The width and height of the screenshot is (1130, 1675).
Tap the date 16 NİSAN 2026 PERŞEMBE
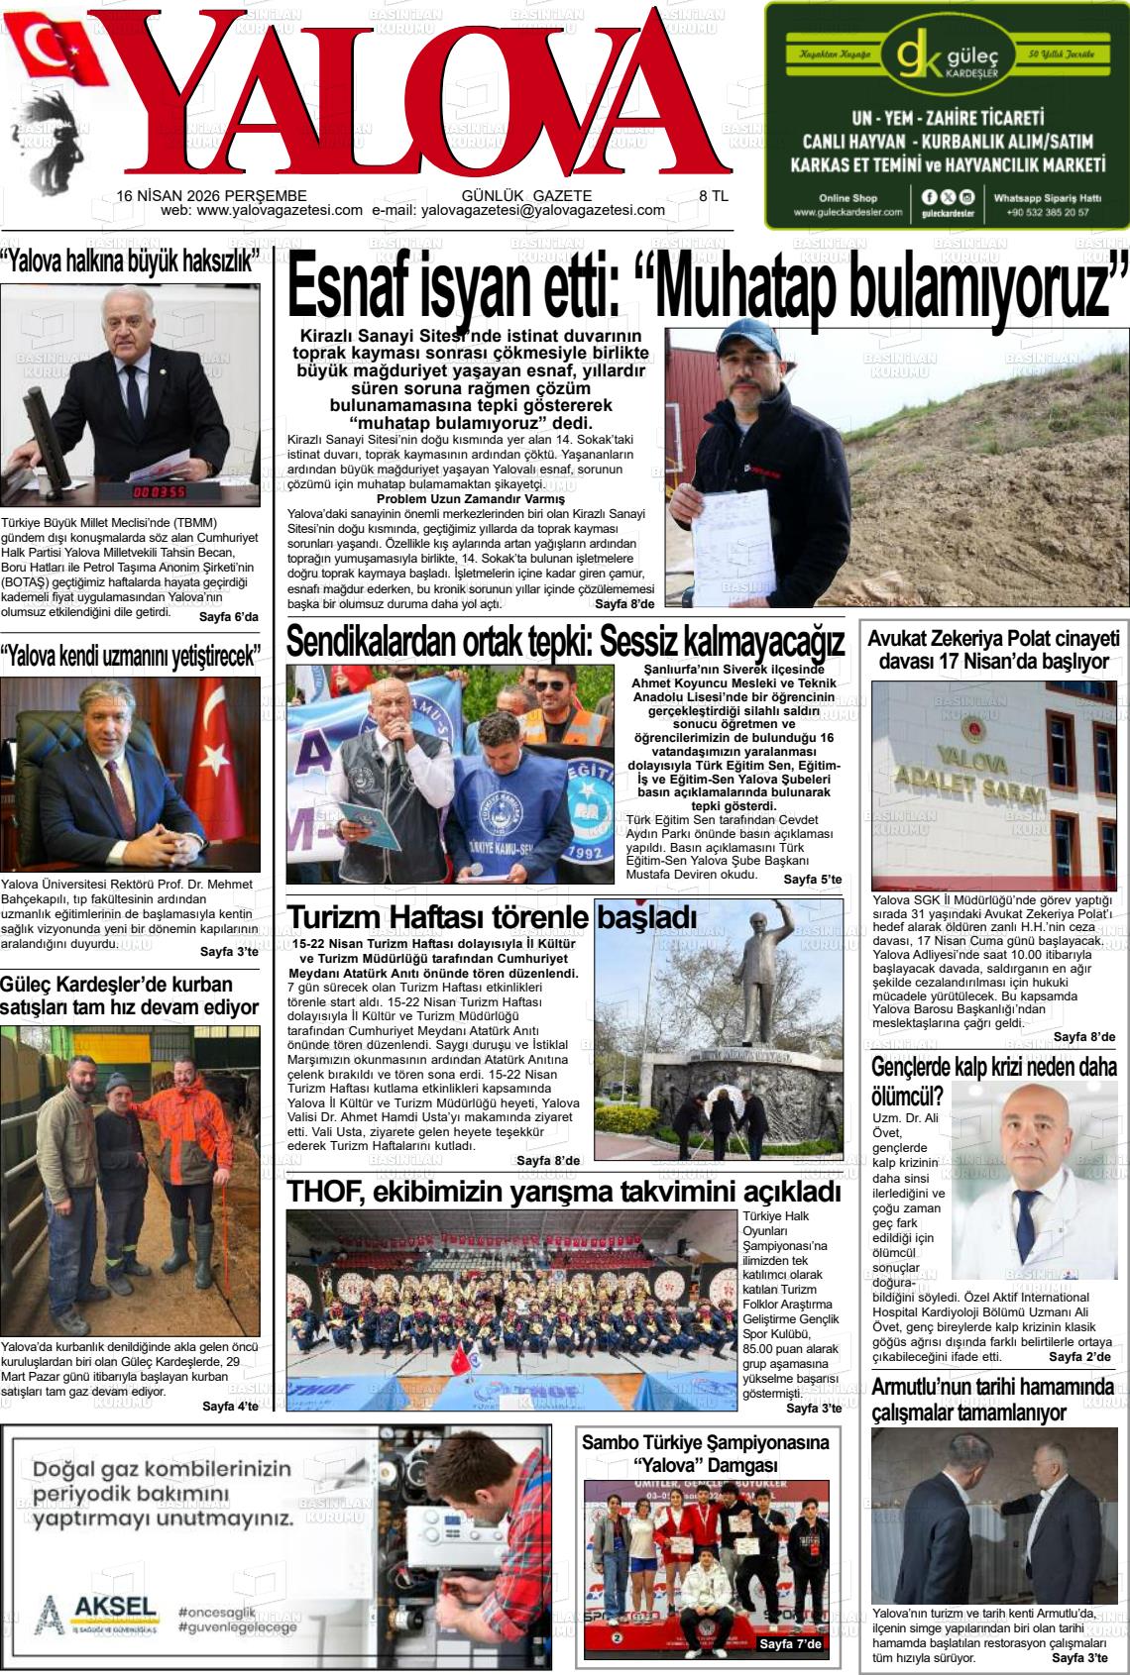pyautogui.click(x=211, y=196)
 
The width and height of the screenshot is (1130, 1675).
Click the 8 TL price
pyautogui.click(x=714, y=196)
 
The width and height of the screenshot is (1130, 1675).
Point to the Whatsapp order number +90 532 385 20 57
pyautogui.click(x=1047, y=212)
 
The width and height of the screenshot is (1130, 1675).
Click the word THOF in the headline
pyautogui.click(x=316, y=1192)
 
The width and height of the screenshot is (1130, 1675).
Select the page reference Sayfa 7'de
pyautogui.click(x=790, y=1645)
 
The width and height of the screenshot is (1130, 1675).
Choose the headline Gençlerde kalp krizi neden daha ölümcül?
pyautogui.click(x=991, y=1081)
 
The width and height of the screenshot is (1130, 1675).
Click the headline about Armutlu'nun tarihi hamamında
pyautogui.click(x=992, y=1399)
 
